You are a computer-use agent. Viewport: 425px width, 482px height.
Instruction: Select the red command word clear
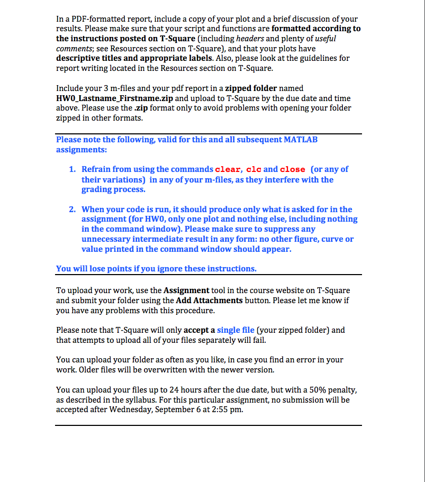point(228,169)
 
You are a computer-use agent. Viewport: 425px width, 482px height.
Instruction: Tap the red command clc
point(253,169)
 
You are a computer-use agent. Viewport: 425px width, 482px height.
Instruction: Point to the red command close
point(292,169)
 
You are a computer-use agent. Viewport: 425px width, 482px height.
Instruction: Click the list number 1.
point(72,169)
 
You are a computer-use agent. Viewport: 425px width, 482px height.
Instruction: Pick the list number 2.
point(72,210)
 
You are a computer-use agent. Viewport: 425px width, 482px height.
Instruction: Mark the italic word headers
point(251,39)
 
